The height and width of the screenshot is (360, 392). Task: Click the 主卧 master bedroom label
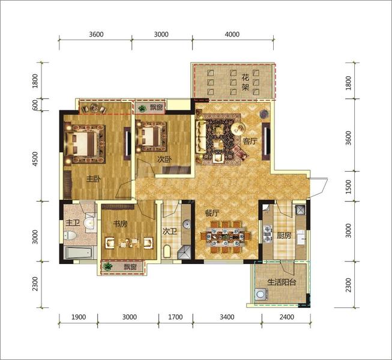tap(94, 179)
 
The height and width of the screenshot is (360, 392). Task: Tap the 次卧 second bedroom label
tap(164, 160)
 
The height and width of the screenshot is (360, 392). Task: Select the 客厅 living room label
tap(250, 141)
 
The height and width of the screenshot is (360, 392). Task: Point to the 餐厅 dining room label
tap(212, 213)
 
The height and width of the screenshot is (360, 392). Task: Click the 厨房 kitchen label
tap(284, 235)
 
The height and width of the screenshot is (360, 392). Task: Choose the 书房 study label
tap(120, 224)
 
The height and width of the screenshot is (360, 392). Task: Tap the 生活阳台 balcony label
tap(282, 283)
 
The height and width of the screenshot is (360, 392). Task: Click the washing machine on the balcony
tap(261, 294)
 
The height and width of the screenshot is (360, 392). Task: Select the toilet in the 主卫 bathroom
tap(71, 235)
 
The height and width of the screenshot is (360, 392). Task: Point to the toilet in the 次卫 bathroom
tap(166, 251)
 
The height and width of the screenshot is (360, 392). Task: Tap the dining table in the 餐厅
tap(225, 236)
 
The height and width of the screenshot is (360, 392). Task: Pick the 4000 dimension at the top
tap(232, 34)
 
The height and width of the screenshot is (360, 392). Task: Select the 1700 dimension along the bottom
tap(175, 317)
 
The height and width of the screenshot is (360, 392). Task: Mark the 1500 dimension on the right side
tap(348, 187)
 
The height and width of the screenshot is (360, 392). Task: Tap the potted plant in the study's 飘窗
tap(107, 266)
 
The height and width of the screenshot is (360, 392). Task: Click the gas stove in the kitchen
tap(268, 234)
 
